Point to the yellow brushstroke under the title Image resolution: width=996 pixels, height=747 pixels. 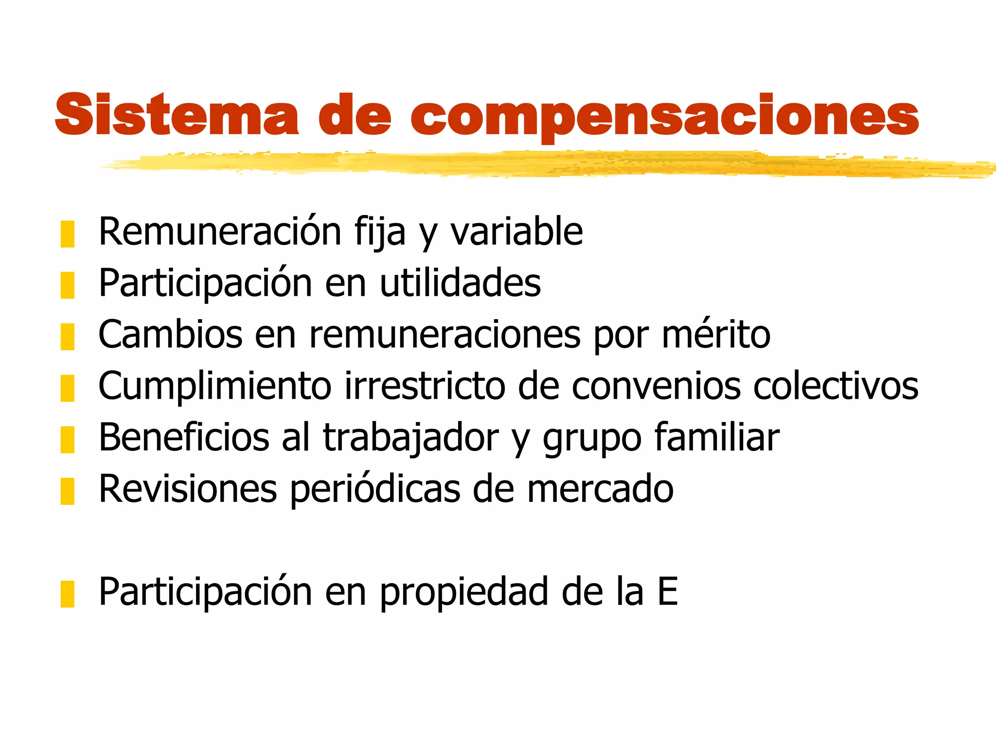[x=535, y=164]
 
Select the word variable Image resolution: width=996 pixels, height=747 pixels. [x=516, y=232]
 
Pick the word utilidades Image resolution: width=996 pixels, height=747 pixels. [x=460, y=284]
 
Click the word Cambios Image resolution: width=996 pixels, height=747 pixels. [x=170, y=335]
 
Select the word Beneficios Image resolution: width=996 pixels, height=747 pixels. [x=184, y=438]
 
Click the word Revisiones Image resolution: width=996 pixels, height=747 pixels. [x=188, y=489]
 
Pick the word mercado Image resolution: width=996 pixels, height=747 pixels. [x=600, y=489]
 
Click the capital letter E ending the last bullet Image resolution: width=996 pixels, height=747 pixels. [x=667, y=592]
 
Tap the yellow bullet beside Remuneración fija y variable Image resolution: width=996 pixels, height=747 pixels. [x=68, y=234]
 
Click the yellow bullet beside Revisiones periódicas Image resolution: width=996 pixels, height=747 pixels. [x=68, y=491]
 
